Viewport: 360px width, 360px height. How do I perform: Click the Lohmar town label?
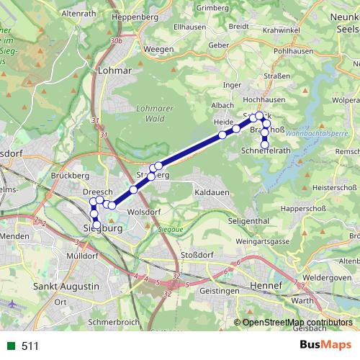click(x=117, y=71)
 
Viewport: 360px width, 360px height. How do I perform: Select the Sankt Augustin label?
click(x=66, y=287)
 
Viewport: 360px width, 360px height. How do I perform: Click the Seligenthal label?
click(x=247, y=220)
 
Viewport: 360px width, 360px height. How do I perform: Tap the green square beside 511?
click(x=9, y=346)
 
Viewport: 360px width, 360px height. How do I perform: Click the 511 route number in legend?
click(x=30, y=346)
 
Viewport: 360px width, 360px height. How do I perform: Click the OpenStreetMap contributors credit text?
click(x=297, y=322)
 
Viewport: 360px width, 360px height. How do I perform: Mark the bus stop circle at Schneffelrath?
click(x=265, y=145)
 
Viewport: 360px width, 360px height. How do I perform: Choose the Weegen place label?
click(x=158, y=49)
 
